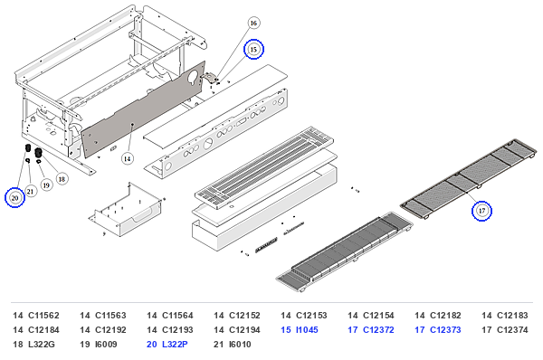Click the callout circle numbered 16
[x=253, y=24]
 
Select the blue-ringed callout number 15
[x=253, y=49]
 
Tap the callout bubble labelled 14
[x=128, y=158]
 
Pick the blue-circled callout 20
[x=14, y=198]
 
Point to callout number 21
[x=31, y=191]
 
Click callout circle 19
[x=46, y=185]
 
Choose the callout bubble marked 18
[x=62, y=179]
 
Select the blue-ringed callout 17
[x=481, y=211]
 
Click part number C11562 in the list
[x=43, y=316]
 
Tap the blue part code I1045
[x=307, y=330]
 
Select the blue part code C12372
[x=378, y=330]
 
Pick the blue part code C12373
[x=445, y=330]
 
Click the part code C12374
[x=512, y=330]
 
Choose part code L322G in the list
[x=42, y=345]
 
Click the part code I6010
[x=240, y=345]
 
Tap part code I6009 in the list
[x=106, y=345]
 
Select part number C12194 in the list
[x=244, y=330]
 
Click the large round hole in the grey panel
[x=192, y=77]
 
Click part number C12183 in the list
[x=512, y=316]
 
